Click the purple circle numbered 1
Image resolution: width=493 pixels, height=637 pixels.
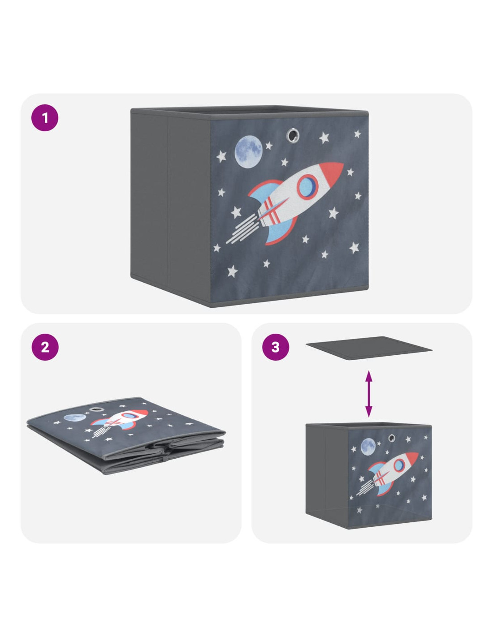click(x=45, y=117)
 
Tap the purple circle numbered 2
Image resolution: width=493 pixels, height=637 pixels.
click(x=45, y=347)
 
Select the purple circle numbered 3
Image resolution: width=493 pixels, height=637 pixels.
click(x=275, y=347)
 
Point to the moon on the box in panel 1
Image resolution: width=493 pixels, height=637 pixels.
click(x=248, y=151)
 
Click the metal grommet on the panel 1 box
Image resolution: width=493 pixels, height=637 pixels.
click(x=292, y=135)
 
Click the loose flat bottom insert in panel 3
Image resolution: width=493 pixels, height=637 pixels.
click(x=369, y=348)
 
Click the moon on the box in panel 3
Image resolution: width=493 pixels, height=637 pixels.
click(x=368, y=447)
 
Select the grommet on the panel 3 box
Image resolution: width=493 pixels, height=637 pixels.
click(x=392, y=438)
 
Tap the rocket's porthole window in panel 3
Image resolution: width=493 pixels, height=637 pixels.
click(x=399, y=465)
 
